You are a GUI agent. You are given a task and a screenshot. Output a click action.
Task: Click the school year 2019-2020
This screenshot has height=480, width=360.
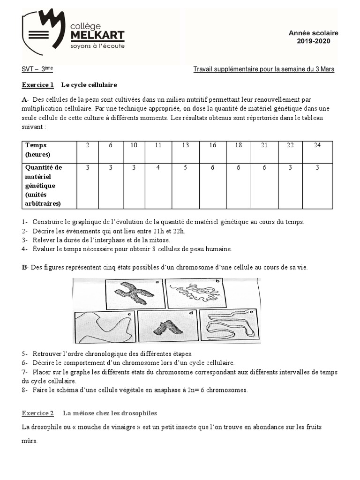[x=313, y=41]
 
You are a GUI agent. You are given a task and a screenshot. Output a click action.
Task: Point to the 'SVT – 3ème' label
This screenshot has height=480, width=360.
[x=37, y=69]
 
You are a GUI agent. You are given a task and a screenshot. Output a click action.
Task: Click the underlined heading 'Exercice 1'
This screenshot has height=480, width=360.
[x=38, y=85]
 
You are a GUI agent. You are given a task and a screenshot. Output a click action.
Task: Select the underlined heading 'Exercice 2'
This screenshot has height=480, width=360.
[x=38, y=413]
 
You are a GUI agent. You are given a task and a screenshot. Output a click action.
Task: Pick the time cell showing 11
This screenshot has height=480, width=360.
[x=158, y=145]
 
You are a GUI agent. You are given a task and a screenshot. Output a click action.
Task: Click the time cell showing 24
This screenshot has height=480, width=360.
[x=317, y=145]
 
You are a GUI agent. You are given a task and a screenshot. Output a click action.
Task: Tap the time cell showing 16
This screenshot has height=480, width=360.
[x=212, y=145]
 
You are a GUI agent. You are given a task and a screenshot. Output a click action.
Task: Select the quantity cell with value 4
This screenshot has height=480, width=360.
[x=158, y=167]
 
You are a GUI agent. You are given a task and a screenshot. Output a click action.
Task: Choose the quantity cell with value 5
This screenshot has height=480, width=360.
[x=185, y=167]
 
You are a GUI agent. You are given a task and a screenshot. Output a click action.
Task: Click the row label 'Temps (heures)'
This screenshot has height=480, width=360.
[x=37, y=150]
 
